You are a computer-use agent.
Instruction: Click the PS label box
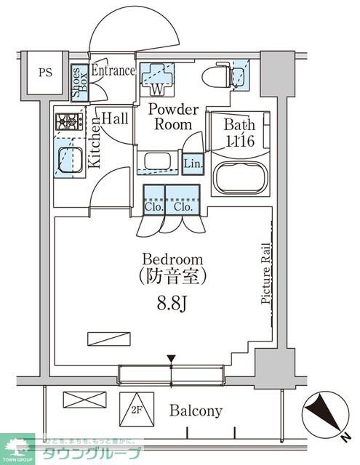pos(45,72)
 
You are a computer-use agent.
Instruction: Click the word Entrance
pos(113,70)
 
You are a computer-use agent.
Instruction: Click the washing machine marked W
pos(158,78)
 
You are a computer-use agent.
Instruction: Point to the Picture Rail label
pos(266,272)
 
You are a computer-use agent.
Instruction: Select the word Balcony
pos(196,411)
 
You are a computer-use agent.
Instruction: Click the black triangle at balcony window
pos(172,358)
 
